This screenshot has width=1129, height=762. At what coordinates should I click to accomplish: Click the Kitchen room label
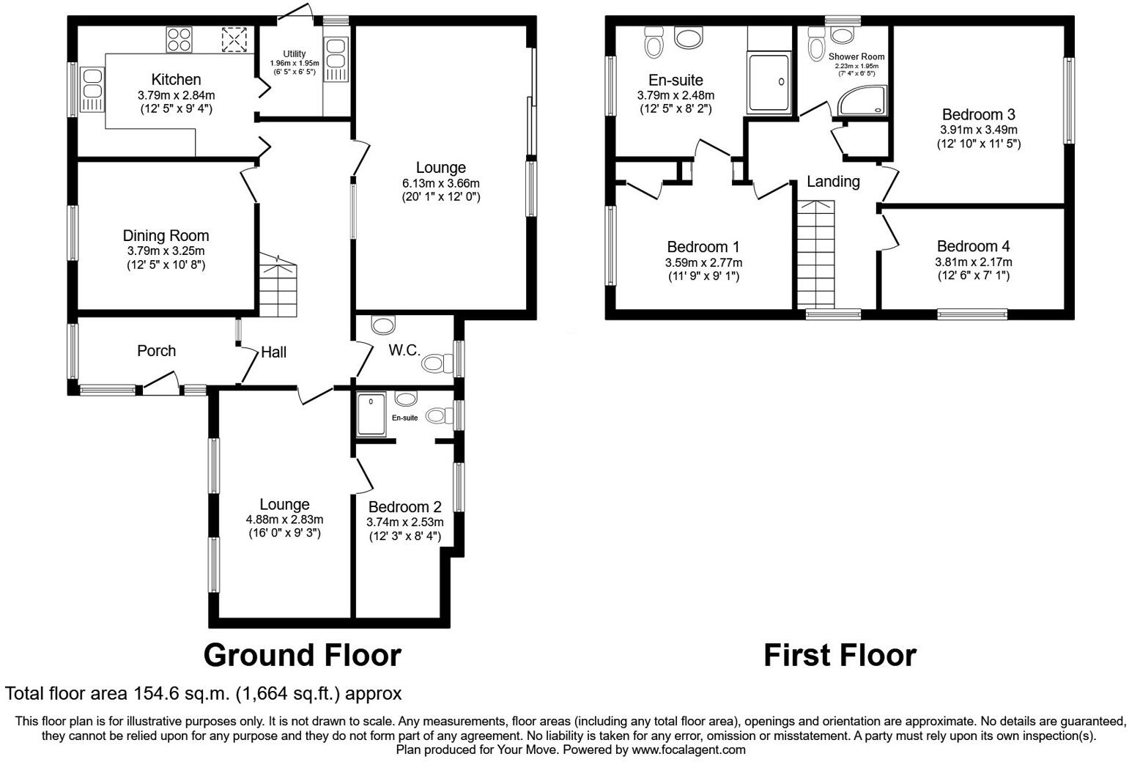point(176,79)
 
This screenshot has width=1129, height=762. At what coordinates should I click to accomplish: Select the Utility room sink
point(336,59)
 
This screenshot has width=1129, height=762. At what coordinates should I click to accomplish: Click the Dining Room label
point(166,235)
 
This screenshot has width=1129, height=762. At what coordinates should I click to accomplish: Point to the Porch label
point(156,351)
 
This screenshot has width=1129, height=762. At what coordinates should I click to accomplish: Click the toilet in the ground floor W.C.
point(437,362)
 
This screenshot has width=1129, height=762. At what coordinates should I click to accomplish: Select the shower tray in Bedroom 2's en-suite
point(373,414)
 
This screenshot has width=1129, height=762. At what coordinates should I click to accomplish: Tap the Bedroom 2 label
point(404,507)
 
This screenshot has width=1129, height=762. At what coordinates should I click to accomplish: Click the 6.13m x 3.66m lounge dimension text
point(440,182)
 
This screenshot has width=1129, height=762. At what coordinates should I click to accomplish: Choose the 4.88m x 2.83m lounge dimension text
point(284,519)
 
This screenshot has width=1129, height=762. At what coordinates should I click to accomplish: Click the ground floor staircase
point(278,286)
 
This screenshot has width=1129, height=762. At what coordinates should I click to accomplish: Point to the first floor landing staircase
point(816,254)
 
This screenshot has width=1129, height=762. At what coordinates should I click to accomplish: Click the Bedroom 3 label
point(978,114)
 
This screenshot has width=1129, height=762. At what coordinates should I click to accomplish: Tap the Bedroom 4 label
point(973,246)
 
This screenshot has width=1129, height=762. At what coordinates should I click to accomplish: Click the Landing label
point(833,182)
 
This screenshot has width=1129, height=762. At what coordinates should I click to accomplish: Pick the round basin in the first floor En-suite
point(687,37)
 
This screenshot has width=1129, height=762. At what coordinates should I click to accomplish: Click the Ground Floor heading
point(302,655)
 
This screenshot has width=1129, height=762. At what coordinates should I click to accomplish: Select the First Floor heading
point(840,655)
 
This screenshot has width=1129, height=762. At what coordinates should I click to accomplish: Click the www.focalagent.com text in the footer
point(689,750)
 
